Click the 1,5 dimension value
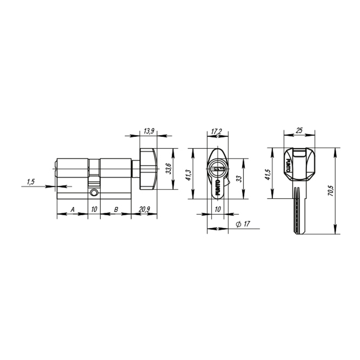coord(30,182)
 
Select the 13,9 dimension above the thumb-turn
coord(149,131)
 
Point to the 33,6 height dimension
coord(168,168)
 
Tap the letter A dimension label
coord(72,209)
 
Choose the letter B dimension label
coord(116,209)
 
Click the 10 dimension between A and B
coord(94,209)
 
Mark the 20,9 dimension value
coord(144,209)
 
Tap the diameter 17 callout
coord(243,224)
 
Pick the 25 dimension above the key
coord(299,131)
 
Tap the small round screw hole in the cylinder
coord(94,193)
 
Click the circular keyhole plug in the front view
coord(217,168)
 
